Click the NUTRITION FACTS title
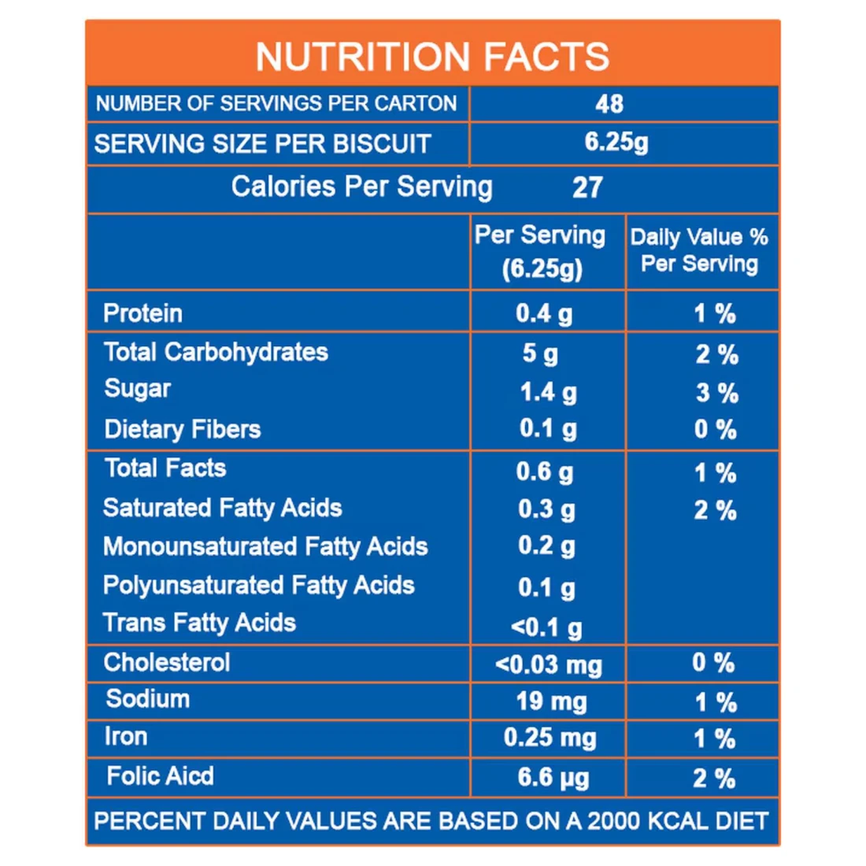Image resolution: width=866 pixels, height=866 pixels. point(432,57)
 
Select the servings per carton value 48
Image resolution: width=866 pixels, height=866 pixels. point(609,104)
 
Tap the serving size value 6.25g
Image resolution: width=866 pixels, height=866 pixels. point(616,142)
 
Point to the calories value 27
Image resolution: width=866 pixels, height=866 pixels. point(587,188)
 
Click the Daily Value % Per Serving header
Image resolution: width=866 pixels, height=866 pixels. point(699,250)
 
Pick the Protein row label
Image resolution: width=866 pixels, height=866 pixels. point(142,313)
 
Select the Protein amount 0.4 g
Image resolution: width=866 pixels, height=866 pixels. point(544,314)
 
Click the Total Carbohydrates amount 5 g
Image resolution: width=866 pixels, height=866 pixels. point(540,353)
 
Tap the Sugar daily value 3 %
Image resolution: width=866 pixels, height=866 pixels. point(716,393)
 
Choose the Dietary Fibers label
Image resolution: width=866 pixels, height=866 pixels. point(182,429)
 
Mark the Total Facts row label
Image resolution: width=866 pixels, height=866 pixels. point(165,468)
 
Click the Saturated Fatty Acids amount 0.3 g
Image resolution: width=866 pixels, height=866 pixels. point(546,509)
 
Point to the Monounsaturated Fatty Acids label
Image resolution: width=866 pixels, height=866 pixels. point(265,546)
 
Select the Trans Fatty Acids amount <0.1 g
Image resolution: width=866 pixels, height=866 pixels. point(546,627)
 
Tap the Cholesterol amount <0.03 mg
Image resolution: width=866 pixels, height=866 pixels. point(549,665)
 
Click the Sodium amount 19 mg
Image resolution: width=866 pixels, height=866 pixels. point(551,701)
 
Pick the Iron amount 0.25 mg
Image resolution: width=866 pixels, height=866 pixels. point(550,738)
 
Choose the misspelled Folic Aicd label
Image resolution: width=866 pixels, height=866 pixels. point(160,776)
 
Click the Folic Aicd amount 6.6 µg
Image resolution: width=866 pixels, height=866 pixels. point(553,779)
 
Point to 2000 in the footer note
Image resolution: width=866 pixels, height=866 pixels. point(614,821)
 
